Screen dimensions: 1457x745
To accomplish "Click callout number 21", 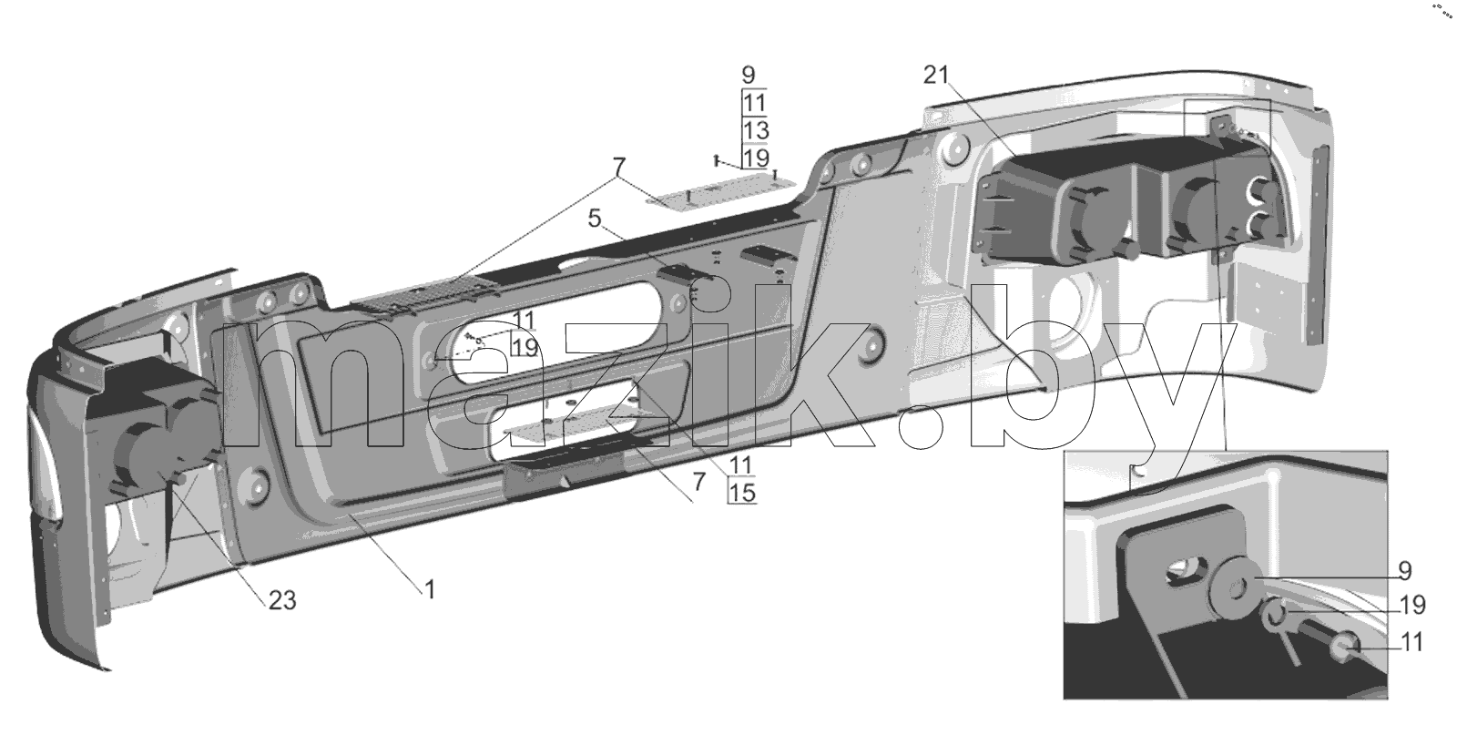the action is pyautogui.click(x=936, y=77).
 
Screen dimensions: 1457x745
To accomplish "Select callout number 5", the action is pyautogui.click(x=595, y=219).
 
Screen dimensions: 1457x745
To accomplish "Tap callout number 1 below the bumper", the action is pyautogui.click(x=429, y=590).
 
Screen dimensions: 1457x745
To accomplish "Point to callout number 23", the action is pyautogui.click(x=282, y=600).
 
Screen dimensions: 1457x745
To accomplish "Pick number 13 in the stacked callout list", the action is pyautogui.click(x=755, y=130).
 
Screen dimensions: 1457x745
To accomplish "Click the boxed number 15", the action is pyautogui.click(x=742, y=493).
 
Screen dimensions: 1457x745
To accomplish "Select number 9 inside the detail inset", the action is pyautogui.click(x=1405, y=571).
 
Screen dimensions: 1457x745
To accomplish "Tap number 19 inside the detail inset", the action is pyautogui.click(x=1412, y=606).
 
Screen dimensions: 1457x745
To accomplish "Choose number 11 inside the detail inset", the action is pyautogui.click(x=1411, y=643).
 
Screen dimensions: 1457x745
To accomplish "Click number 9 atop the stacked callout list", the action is pyautogui.click(x=748, y=76).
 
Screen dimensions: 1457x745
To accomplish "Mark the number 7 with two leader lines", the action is pyautogui.click(x=618, y=168).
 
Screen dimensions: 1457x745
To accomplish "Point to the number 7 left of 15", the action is pyautogui.click(x=698, y=482).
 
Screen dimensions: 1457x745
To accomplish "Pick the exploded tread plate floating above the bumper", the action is pyautogui.click(x=721, y=189).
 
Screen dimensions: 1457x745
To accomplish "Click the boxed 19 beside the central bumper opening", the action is pyautogui.click(x=525, y=347).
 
